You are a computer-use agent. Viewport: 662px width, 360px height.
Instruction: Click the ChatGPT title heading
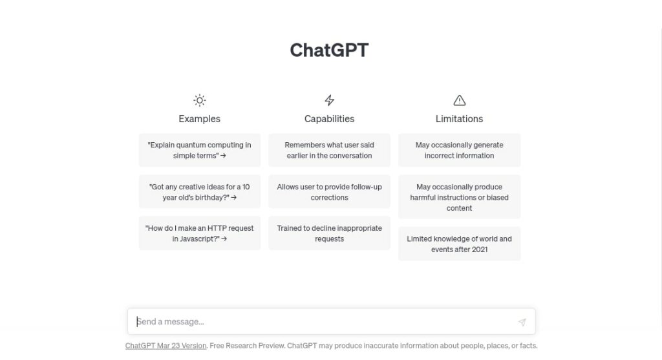329,50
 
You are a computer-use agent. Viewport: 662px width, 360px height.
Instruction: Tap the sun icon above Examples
200,100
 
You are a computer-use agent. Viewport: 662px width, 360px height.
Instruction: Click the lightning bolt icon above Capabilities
329,100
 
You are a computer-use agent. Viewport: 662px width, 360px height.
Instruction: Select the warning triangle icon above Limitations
460,100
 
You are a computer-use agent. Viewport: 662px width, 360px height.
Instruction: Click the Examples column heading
199,119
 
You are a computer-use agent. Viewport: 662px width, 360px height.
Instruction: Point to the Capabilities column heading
329,119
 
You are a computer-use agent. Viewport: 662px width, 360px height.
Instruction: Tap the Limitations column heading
460,119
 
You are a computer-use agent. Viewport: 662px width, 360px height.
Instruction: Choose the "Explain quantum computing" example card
200,150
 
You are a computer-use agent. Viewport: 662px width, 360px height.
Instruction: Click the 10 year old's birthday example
200,192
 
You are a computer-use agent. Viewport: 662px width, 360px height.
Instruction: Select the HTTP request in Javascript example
200,233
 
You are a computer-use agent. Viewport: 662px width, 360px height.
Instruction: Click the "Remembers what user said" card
329,150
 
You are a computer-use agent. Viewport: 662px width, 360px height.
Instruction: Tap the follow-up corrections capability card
329,192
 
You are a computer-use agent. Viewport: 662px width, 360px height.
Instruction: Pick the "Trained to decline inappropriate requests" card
329,233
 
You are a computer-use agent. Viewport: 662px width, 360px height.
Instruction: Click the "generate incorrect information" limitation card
460,150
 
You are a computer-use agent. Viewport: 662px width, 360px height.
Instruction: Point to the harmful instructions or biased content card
460,197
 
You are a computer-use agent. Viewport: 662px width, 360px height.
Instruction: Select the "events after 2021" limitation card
460,244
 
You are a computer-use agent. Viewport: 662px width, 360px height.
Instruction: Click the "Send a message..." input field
325,322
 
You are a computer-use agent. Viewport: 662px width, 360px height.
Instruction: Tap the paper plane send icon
522,322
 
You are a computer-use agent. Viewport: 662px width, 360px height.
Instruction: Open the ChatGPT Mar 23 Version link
166,346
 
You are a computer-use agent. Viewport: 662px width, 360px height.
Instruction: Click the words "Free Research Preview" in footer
247,346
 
